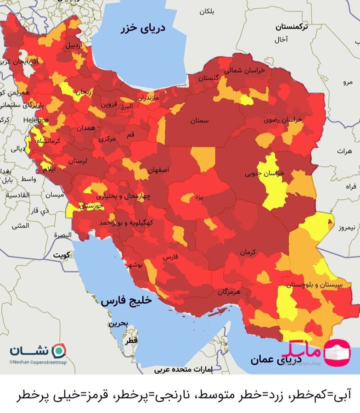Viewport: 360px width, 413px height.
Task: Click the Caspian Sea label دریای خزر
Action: click(x=143, y=28)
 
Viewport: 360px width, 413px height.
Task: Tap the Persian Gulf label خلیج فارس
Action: click(x=126, y=301)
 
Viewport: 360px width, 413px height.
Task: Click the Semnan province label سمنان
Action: click(x=200, y=121)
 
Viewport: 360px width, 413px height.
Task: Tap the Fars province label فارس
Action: click(x=169, y=257)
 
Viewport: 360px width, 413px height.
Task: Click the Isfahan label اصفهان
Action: click(x=158, y=170)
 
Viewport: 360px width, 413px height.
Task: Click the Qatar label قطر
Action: click(x=131, y=341)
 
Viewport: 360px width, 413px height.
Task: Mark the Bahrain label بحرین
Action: click(x=117, y=323)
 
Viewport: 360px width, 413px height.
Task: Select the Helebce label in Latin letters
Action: click(x=36, y=120)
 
